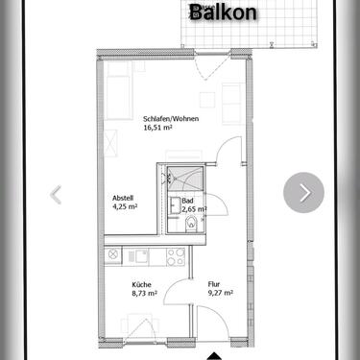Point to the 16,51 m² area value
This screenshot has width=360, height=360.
pos(159,125)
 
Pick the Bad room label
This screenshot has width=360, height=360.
pos(187,201)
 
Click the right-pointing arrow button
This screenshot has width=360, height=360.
pos(304,193)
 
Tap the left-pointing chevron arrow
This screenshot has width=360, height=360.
pos(56,194)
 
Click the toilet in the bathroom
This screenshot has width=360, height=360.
pos(193,226)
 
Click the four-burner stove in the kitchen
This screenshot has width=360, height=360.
pos(175,256)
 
